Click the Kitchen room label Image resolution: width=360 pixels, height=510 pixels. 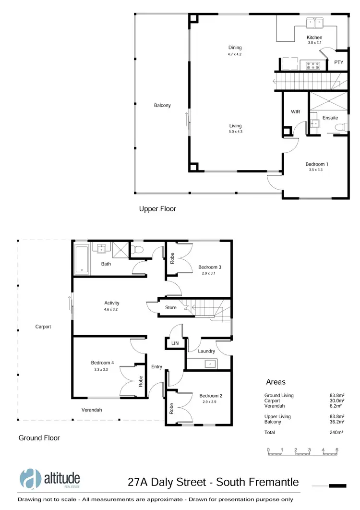[x=314, y=37]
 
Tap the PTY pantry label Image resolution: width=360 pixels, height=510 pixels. [x=338, y=62]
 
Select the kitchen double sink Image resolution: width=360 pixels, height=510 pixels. [x=314, y=22]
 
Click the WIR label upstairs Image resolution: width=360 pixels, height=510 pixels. [x=295, y=111]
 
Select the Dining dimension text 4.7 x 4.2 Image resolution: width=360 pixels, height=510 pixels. [x=235, y=54]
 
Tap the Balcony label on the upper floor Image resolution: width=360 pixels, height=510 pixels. [x=162, y=105]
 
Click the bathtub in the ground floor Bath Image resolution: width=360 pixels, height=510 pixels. [x=82, y=260]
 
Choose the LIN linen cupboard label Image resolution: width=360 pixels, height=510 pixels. [x=175, y=344]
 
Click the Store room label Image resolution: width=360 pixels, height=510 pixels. [x=170, y=308]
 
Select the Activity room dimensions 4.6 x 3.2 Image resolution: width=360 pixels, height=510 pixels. [x=111, y=309]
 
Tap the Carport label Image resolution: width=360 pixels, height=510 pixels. [x=43, y=327]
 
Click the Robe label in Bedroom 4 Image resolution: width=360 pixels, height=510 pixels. [x=141, y=381]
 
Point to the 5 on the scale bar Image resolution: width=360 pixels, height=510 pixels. [x=337, y=449]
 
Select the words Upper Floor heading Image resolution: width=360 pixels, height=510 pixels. [x=157, y=209]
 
